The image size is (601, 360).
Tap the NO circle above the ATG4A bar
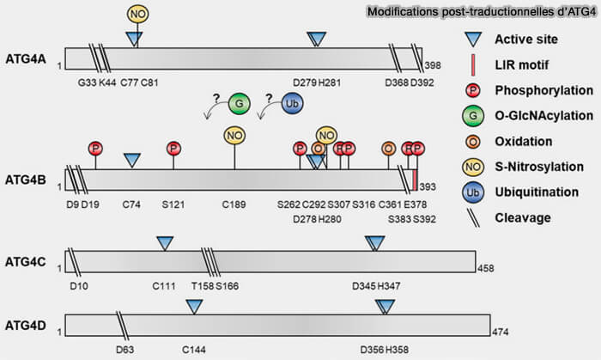137,14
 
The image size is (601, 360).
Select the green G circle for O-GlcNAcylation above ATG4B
240,104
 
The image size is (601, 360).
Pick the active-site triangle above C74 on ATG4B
132,160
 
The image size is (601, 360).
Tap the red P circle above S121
173,148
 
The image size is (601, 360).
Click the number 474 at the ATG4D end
501,330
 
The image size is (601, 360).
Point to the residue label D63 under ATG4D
126,350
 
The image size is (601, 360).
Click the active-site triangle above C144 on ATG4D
195,307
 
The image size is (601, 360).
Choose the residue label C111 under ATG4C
164,285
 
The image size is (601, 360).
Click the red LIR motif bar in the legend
470,65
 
